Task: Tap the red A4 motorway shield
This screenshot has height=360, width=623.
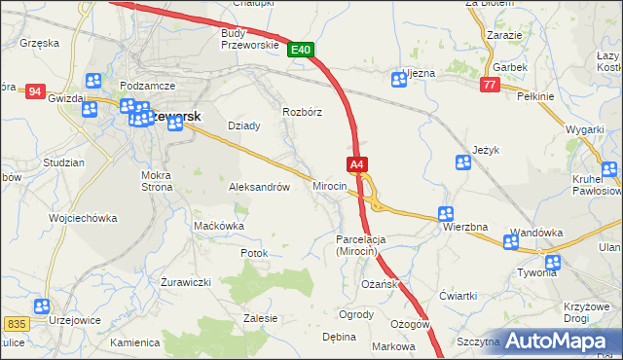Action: click(x=357, y=164)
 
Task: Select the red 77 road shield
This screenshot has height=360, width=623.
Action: click(x=490, y=85)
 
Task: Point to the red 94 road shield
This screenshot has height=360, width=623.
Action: click(x=36, y=91)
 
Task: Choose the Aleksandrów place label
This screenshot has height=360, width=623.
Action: click(x=259, y=187)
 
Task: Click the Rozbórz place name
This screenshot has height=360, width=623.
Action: click(x=302, y=111)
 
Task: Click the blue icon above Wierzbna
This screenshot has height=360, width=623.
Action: click(x=446, y=213)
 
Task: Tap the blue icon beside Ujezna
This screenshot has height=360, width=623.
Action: click(x=397, y=79)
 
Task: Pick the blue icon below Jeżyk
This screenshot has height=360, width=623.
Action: click(x=463, y=163)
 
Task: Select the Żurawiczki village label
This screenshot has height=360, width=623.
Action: click(x=187, y=282)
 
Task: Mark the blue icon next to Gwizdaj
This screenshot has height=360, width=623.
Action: click(x=93, y=82)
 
